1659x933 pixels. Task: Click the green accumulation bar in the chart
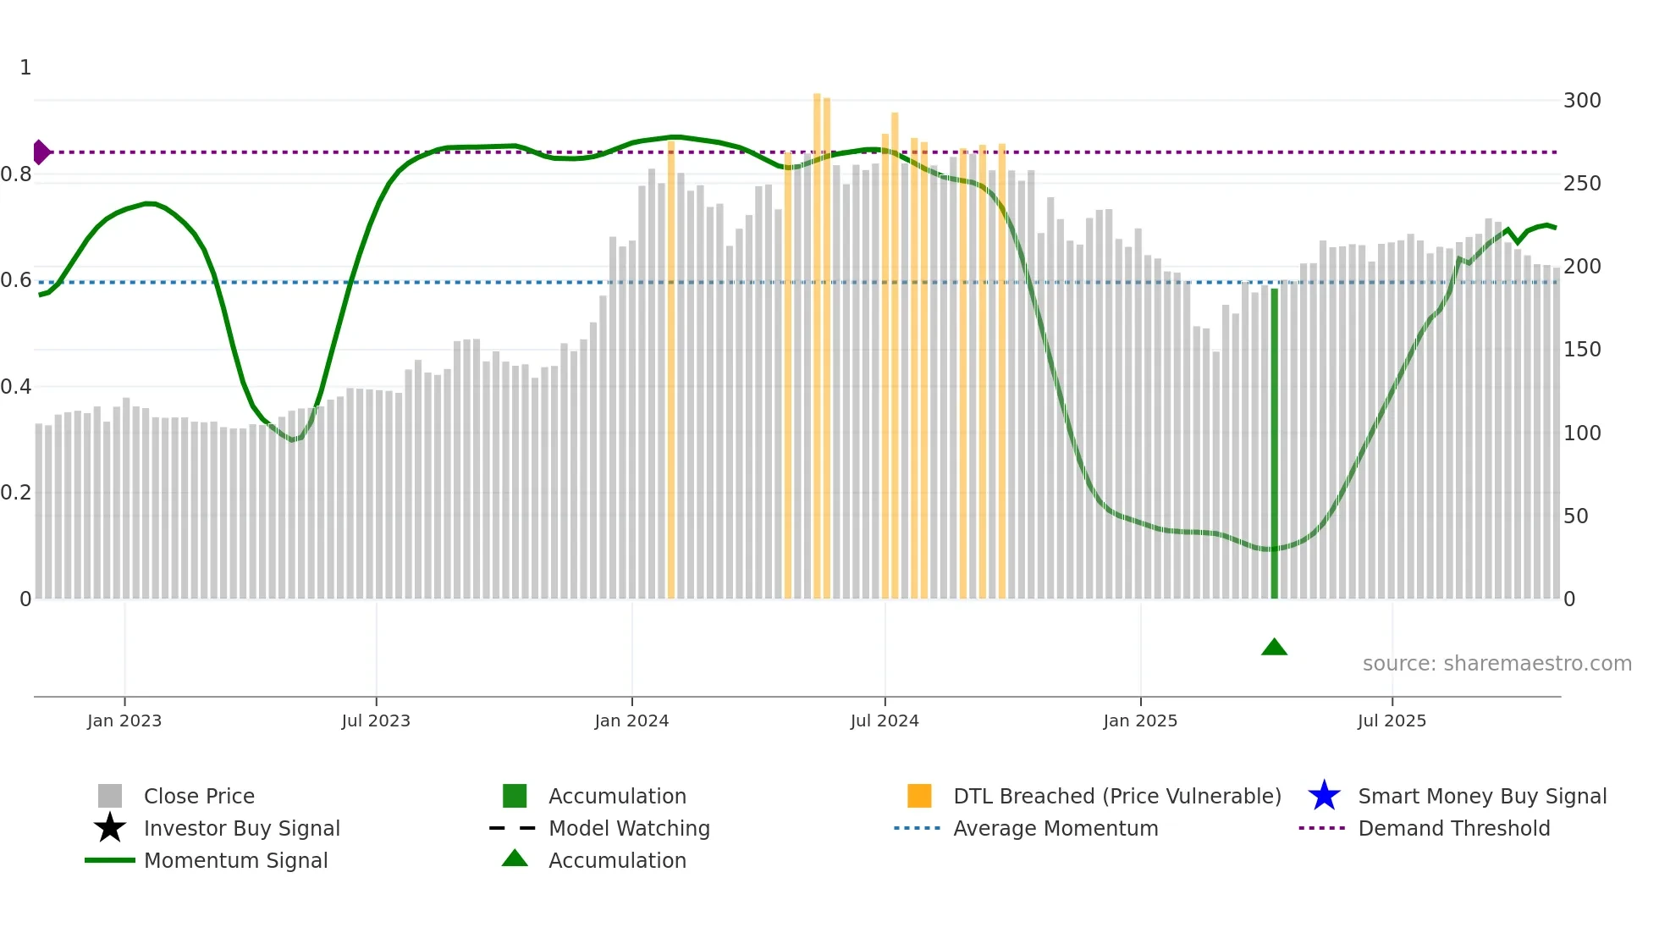point(1274,444)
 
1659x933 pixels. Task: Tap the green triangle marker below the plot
point(1274,648)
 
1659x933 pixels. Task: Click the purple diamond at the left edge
point(41,152)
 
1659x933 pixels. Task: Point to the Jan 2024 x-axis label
point(631,721)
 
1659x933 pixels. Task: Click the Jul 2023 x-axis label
point(376,721)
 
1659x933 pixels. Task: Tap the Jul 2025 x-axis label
point(1392,721)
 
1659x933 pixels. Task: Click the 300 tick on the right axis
point(1581,101)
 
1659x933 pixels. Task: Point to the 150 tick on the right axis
point(1581,350)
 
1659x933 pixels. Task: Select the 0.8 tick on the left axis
point(16,175)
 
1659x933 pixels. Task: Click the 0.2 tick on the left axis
point(16,493)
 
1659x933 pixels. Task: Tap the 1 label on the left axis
point(25,68)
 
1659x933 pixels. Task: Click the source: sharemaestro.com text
point(1496,664)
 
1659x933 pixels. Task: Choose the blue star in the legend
point(1324,796)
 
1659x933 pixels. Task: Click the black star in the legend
point(110,828)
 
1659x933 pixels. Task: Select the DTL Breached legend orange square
point(919,796)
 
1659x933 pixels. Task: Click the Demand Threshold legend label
point(1453,828)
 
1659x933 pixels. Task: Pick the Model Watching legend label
point(629,828)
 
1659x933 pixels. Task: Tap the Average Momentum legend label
point(1055,828)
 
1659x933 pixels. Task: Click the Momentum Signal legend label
point(235,860)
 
